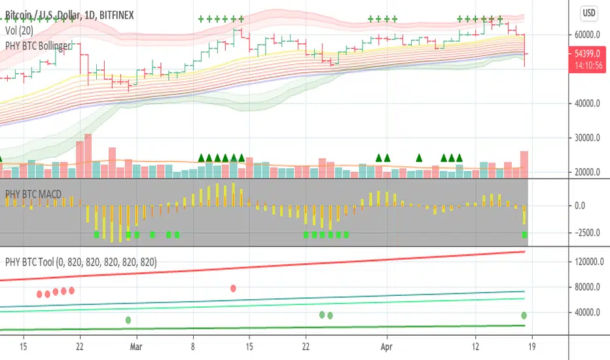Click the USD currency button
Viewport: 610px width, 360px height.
pyautogui.click(x=588, y=12)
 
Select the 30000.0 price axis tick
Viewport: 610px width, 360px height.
pyautogui.click(x=584, y=138)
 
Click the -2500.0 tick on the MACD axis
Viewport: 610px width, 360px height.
pyautogui.click(x=584, y=232)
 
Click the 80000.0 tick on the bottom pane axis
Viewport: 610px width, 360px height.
pyautogui.click(x=584, y=287)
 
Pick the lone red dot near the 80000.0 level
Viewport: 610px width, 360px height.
pyautogui.click(x=234, y=288)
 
